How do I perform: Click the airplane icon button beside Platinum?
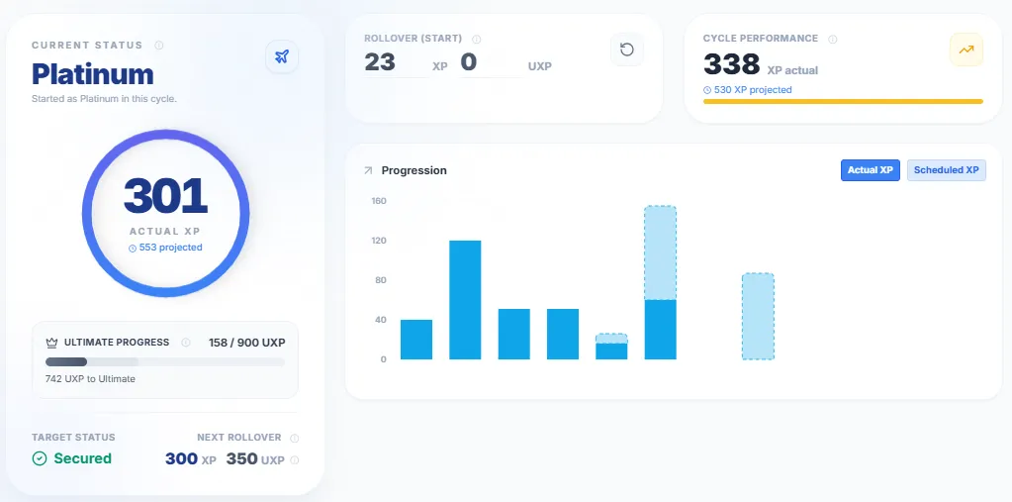(x=282, y=56)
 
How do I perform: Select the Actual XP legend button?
(x=870, y=170)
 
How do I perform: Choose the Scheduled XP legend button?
(x=946, y=170)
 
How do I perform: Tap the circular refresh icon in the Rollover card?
(x=626, y=50)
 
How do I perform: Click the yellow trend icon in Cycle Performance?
(x=966, y=50)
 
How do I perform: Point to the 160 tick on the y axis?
(x=379, y=201)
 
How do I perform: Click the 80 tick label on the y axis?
(x=381, y=280)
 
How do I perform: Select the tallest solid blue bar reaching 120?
(x=465, y=299)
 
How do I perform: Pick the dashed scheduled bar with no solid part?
(x=758, y=316)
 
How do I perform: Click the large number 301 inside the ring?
(x=165, y=196)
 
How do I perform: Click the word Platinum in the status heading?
(x=93, y=73)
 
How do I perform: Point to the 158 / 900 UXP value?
(x=247, y=342)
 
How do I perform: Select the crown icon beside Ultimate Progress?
(x=52, y=343)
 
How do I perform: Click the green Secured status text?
(x=82, y=458)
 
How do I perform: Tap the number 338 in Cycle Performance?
(x=731, y=65)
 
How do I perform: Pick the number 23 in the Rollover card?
(x=380, y=62)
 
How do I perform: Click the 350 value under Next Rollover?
(x=241, y=458)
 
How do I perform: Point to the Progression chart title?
(x=414, y=170)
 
